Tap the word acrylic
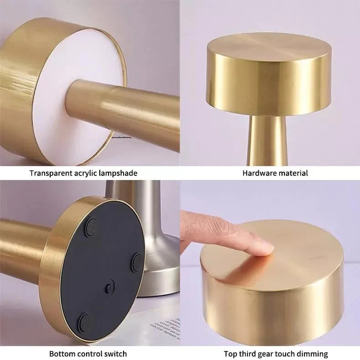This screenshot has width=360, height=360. click(x=85, y=173)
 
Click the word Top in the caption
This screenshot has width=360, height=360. click(x=230, y=353)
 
